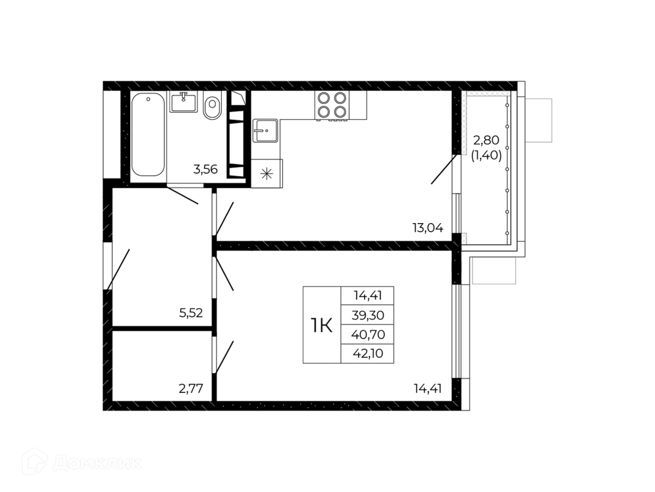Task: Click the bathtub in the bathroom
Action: (x=148, y=134)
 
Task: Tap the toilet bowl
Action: (x=212, y=105)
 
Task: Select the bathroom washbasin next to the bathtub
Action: (x=184, y=102)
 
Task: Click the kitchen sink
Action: (x=265, y=131)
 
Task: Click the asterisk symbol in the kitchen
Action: (x=266, y=174)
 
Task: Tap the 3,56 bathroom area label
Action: (x=205, y=169)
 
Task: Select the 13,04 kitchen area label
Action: (x=428, y=228)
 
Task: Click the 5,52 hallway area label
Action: (x=191, y=313)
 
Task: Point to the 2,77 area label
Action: (x=191, y=388)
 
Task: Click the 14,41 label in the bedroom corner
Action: (x=428, y=388)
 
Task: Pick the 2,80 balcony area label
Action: (x=486, y=140)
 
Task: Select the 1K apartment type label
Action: (x=321, y=325)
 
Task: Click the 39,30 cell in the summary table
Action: (x=368, y=315)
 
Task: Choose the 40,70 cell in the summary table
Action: (x=368, y=334)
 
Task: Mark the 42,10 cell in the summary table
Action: (x=368, y=353)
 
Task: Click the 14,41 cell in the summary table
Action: (x=368, y=296)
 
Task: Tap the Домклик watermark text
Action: (x=97, y=464)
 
